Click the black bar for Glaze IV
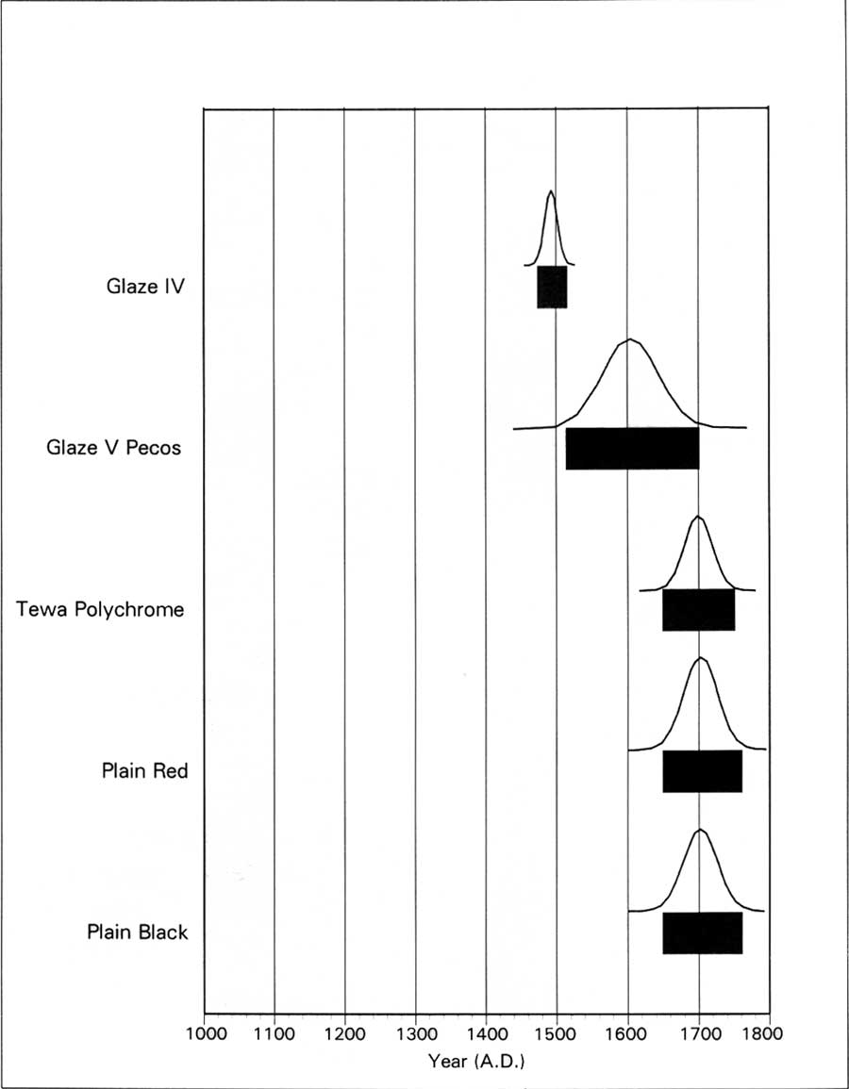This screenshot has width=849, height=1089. [x=552, y=287]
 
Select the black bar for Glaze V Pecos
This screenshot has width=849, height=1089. [x=632, y=449]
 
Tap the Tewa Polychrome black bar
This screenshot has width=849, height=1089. [x=698, y=610]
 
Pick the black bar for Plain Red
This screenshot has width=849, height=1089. [x=703, y=771]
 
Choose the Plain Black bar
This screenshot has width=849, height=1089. [x=703, y=932]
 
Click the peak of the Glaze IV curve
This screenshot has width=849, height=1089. [x=551, y=191]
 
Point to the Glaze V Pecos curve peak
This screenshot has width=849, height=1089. [x=629, y=338]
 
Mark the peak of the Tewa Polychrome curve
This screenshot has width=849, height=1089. [x=697, y=517]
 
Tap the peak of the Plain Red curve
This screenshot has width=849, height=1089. [x=700, y=658]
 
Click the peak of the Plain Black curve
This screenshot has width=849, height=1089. [x=700, y=830]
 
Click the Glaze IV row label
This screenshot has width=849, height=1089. [x=145, y=286]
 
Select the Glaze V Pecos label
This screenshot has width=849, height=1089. [x=113, y=447]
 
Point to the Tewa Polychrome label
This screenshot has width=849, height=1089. [x=101, y=609]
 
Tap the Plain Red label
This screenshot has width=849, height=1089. [x=144, y=770]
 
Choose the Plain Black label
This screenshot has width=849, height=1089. [x=138, y=932]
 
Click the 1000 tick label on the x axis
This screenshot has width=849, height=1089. [x=206, y=1033]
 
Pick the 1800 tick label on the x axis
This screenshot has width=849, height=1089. [x=763, y=1033]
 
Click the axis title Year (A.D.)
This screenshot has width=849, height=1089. [x=476, y=1062]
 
